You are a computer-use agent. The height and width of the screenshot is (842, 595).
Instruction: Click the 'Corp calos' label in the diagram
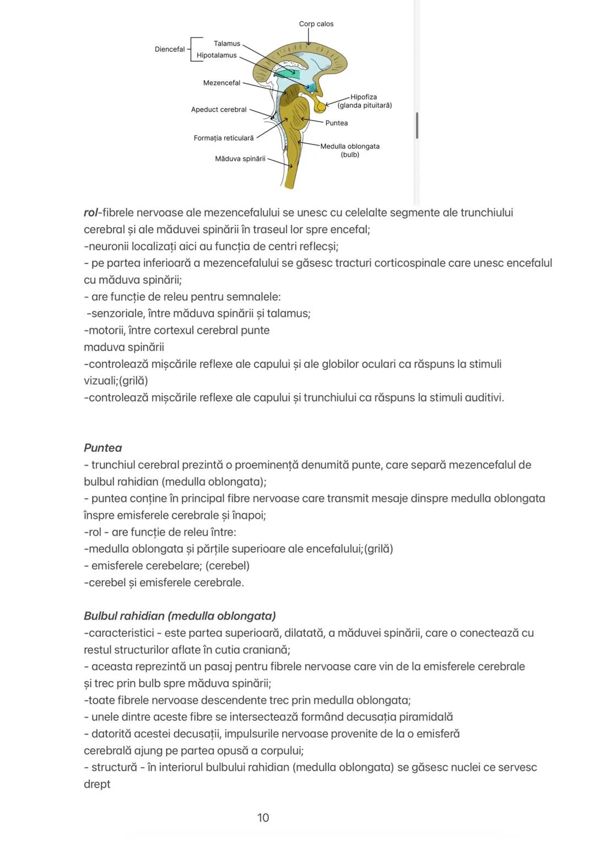pyautogui.click(x=316, y=24)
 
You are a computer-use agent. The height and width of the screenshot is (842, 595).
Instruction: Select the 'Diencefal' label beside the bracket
pyautogui.click(x=170, y=49)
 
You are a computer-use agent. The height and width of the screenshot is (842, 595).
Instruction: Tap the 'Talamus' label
pyautogui.click(x=227, y=44)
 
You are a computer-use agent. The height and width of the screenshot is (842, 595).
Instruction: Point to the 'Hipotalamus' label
pyautogui.click(x=217, y=55)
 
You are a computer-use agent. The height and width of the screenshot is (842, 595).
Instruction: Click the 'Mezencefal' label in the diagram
pyautogui.click(x=221, y=83)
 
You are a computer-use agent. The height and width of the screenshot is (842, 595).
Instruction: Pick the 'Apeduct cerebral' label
pyautogui.click(x=219, y=110)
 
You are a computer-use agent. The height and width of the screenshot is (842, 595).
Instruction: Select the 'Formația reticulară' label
pyautogui.click(x=224, y=138)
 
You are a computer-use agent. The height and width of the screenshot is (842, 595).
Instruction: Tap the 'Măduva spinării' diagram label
pyautogui.click(x=240, y=159)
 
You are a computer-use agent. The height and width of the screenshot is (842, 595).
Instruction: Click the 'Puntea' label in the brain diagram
pyautogui.click(x=336, y=123)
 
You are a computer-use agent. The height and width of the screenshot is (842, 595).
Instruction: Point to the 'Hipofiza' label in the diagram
pyautogui.click(x=364, y=97)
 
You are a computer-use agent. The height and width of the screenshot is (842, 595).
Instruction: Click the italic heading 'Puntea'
pyautogui.click(x=103, y=448)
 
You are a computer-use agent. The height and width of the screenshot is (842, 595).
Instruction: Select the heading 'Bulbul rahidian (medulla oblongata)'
pyautogui.click(x=180, y=616)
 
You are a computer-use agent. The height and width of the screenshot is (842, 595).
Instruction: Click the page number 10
pyautogui.click(x=263, y=818)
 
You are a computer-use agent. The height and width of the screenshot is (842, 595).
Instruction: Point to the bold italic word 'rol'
pyautogui.click(x=90, y=213)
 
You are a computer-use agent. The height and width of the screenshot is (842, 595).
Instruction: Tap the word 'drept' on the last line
pyautogui.click(x=97, y=784)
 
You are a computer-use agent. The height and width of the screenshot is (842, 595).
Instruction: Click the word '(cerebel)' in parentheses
pyautogui.click(x=228, y=566)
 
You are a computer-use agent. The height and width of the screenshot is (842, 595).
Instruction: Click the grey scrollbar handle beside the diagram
pyautogui.click(x=417, y=126)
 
